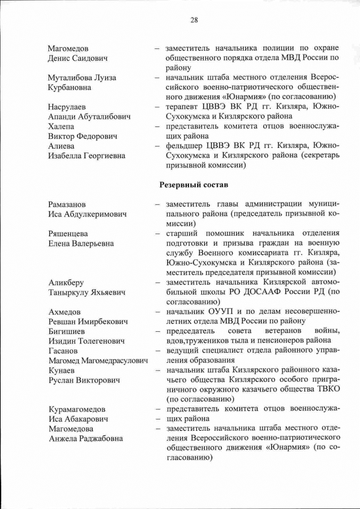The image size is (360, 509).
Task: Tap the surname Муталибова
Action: pos(69,78)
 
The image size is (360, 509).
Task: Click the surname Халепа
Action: pos(61,127)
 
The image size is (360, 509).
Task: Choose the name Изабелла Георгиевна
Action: pos(87,156)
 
